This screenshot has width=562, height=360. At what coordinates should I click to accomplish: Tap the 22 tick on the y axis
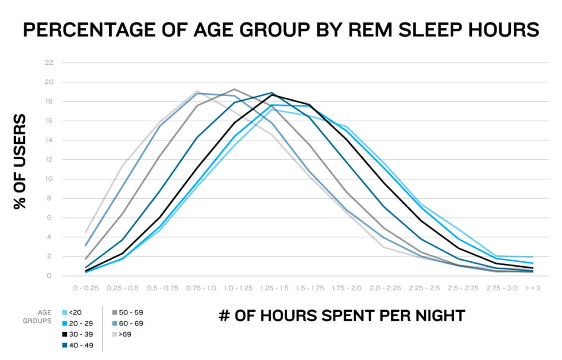pyautogui.click(x=49, y=63)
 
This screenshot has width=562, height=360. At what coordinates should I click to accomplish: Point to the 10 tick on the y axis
pyautogui.click(x=49, y=179)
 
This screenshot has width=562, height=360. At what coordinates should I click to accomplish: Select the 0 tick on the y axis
pyautogui.click(x=50, y=276)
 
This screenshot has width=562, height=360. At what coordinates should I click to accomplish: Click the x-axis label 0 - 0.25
pyautogui.click(x=86, y=288)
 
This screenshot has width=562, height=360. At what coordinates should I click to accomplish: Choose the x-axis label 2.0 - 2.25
pyautogui.click(x=384, y=288)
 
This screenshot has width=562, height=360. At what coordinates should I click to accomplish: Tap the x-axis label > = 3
pyautogui.click(x=532, y=288)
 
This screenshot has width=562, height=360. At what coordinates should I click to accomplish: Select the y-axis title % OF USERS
pyautogui.click(x=20, y=161)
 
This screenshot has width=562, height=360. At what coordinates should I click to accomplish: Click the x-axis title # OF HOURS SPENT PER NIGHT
pyautogui.click(x=341, y=316)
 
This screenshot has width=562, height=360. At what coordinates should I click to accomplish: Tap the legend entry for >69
pyautogui.click(x=123, y=334)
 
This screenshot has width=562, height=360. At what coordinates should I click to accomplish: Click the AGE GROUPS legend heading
pyautogui.click(x=38, y=317)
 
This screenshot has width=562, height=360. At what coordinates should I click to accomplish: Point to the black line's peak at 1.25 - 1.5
pyautogui.click(x=272, y=94)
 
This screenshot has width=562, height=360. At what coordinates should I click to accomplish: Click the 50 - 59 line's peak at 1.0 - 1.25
pyautogui.click(x=234, y=89)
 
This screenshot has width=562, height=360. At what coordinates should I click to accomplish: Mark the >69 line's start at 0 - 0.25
pyautogui.click(x=86, y=232)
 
